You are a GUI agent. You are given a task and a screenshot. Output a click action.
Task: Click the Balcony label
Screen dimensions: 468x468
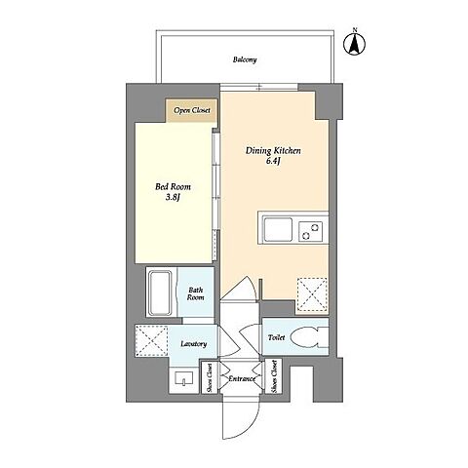(245, 59)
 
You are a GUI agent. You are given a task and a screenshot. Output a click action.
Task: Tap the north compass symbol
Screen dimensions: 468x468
(355, 43)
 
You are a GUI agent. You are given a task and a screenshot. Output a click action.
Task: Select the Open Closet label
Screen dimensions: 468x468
(192, 110)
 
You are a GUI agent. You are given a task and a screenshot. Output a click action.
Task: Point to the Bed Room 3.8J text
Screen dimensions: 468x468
(173, 192)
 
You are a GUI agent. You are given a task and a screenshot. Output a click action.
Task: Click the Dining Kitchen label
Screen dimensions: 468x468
(273, 151)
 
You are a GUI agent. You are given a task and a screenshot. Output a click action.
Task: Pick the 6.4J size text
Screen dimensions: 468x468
(273, 161)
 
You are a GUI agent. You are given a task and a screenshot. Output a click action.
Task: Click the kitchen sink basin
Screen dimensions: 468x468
(278, 230)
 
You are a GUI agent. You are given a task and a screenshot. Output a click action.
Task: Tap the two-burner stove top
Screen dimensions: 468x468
(310, 231)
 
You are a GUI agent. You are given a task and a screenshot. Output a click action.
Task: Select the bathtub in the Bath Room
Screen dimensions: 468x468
(160, 292)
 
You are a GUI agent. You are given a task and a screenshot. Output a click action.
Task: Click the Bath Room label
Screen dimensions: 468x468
(196, 293)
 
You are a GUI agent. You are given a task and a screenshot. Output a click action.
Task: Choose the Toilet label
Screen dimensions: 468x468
(277, 338)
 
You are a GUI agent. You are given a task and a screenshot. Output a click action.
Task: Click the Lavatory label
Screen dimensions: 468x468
(194, 344)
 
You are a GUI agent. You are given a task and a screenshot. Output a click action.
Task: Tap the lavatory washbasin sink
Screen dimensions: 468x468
(184, 378)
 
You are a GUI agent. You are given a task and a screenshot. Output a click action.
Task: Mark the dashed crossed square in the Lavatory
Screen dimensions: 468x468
(151, 340)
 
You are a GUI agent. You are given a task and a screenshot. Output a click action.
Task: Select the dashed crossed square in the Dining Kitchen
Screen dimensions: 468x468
(312, 295)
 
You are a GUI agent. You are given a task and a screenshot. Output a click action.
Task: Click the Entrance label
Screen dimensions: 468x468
(242, 379)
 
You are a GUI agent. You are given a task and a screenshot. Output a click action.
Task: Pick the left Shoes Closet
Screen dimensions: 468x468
(210, 377)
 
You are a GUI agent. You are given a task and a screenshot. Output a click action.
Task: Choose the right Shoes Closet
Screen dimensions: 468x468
(273, 376)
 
